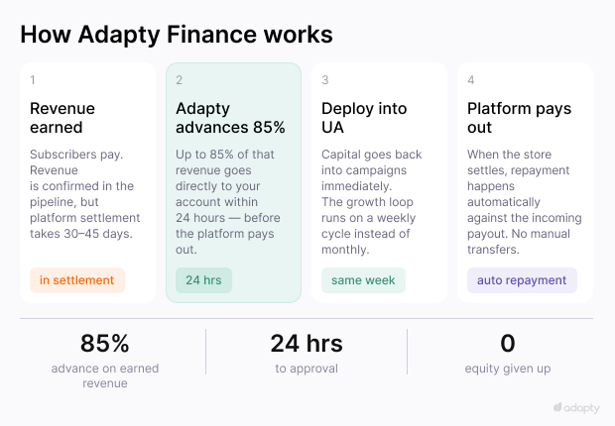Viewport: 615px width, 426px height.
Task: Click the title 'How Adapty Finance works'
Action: [177, 34]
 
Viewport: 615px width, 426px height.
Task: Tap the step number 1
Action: [33, 80]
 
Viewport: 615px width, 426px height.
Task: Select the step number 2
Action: [180, 80]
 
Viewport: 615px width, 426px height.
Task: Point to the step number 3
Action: [325, 80]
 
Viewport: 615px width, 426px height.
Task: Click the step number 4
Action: [471, 80]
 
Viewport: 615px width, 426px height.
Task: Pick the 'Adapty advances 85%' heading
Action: [230, 118]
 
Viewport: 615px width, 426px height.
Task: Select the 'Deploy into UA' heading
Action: [364, 118]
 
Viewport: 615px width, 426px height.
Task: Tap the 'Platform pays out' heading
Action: [519, 118]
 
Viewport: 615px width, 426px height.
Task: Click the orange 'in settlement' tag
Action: [77, 280]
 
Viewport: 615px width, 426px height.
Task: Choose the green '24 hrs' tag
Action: [203, 280]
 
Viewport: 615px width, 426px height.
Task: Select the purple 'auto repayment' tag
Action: [522, 280]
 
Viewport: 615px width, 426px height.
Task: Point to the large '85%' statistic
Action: [105, 344]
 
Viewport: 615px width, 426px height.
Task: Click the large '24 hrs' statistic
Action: [307, 344]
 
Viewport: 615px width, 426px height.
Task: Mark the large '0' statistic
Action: [508, 344]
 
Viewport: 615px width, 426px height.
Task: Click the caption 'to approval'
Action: [307, 369]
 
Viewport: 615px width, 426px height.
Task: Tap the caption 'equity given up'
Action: [508, 369]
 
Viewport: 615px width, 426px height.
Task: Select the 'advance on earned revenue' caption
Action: [105, 375]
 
